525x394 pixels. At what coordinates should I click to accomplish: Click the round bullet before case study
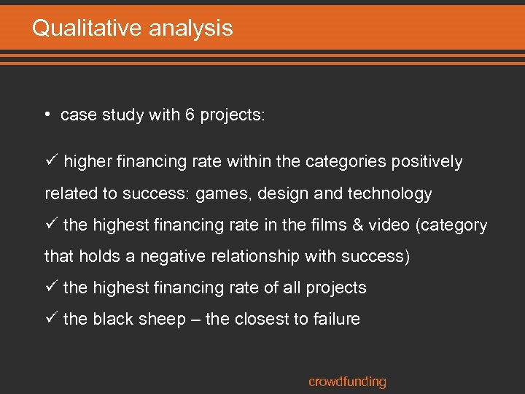pos(46,115)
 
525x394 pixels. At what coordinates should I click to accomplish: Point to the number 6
pos(190,115)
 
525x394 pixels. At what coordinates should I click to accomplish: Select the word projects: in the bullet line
pos(233,116)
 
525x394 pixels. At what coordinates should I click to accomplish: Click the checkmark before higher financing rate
pos(50,161)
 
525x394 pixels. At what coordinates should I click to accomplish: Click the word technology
pos(389,194)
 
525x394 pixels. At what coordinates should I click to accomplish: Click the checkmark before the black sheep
pos(50,319)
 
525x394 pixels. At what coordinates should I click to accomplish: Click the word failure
pos(335,320)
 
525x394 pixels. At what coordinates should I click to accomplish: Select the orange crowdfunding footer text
pos(347,382)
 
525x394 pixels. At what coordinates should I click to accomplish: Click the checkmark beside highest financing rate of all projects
pos(50,287)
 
